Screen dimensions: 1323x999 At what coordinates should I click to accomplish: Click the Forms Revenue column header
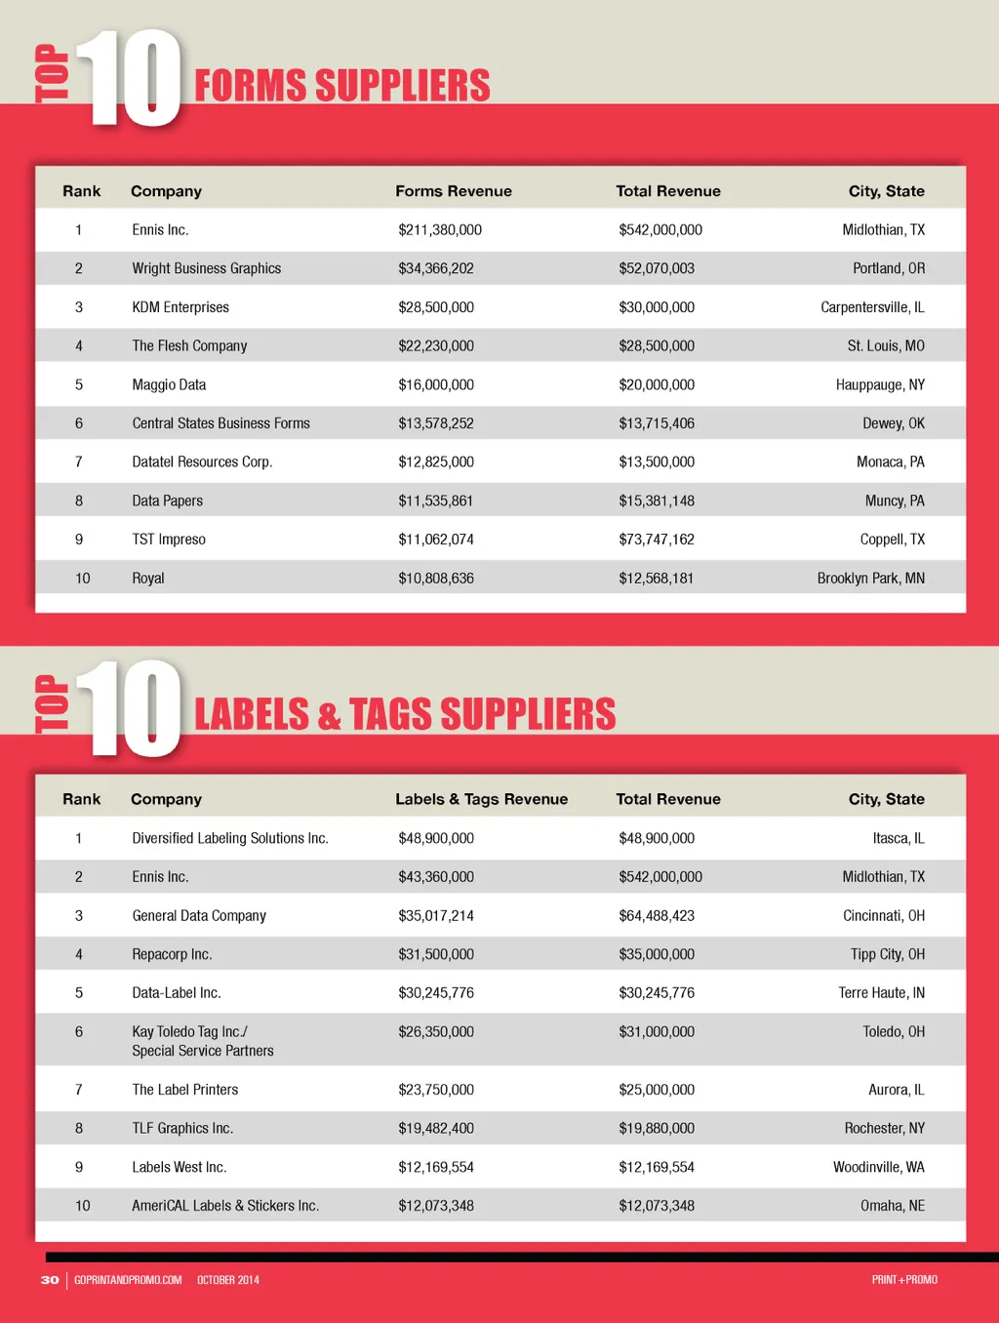point(453,191)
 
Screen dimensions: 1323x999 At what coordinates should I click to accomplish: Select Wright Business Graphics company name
point(206,268)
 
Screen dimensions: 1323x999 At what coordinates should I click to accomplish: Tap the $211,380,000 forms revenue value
point(439,230)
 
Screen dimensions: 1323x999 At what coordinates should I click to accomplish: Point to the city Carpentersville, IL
point(872,307)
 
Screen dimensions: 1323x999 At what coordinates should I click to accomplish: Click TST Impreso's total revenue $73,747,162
point(656,540)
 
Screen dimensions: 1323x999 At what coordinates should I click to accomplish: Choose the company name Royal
point(148,579)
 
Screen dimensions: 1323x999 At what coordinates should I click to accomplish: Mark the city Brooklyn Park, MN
point(870,579)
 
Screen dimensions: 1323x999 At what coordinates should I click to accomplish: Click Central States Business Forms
point(220,423)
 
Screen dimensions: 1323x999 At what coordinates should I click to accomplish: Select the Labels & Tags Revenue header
point(481,799)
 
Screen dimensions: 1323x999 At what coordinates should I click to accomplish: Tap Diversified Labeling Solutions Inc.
point(229,838)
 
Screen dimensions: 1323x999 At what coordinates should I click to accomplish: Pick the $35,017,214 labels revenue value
point(435,916)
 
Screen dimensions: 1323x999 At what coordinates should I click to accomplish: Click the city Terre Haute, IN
point(881,993)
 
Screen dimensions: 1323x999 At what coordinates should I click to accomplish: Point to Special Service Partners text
point(203,1051)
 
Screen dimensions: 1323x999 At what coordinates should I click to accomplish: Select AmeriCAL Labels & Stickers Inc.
point(225,1206)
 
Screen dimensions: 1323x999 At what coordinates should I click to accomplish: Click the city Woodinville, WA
point(878,1167)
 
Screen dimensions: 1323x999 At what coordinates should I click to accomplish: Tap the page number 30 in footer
point(50,1280)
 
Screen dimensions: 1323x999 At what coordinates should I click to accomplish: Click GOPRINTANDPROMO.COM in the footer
point(128,1280)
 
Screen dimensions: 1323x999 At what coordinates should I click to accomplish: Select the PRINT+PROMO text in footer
point(904,1280)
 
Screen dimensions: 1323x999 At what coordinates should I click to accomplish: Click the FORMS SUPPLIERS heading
point(341,86)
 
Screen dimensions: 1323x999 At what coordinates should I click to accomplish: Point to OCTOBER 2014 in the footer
point(228,1280)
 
